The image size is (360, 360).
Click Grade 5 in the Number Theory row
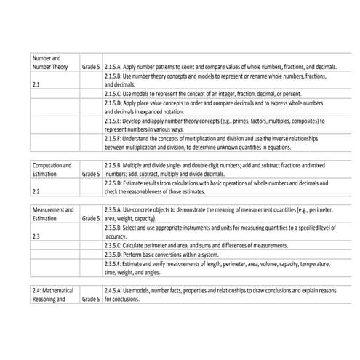click(x=91, y=66)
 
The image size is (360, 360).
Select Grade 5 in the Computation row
click(x=91, y=175)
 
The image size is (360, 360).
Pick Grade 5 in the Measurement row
click(x=91, y=217)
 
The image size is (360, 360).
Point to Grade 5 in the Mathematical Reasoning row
click(x=91, y=299)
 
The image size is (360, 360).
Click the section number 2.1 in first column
click(x=38, y=84)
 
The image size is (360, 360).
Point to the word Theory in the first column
click(x=60, y=66)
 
